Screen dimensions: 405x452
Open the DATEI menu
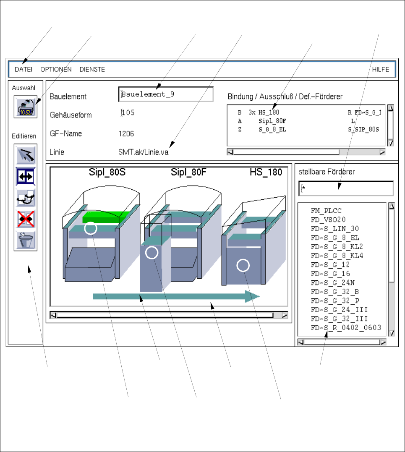tap(24, 70)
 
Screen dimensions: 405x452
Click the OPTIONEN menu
tap(56, 70)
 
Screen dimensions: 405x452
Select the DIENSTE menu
tap(92, 70)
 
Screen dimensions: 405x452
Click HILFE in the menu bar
tap(381, 70)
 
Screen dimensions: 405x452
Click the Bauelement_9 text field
tap(166, 94)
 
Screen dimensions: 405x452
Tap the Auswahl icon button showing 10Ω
tap(26, 107)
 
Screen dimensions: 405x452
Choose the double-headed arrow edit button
tap(26, 176)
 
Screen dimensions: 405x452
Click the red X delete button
tap(26, 219)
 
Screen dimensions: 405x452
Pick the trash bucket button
tap(26, 240)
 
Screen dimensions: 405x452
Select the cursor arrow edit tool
tap(26, 155)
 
